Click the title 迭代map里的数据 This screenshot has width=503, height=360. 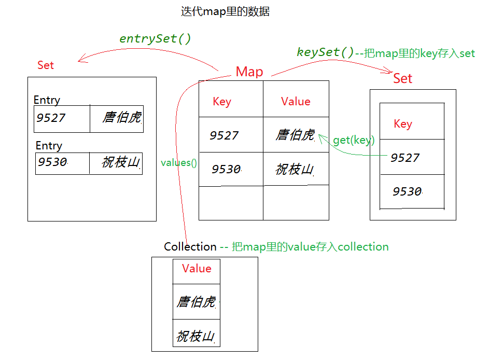[x=225, y=11]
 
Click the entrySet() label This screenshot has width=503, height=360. [x=155, y=39]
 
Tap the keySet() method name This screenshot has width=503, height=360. [x=325, y=52]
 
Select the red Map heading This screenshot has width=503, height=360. [x=249, y=72]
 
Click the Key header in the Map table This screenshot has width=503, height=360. [x=222, y=102]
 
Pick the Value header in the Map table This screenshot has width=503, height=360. [x=296, y=102]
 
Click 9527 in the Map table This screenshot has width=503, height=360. [x=224, y=136]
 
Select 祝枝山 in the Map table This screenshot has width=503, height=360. [x=295, y=169]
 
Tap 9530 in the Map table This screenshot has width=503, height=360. [x=226, y=169]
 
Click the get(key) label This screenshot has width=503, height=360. [x=354, y=140]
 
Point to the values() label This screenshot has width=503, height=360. [x=179, y=162]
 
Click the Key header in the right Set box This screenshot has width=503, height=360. [x=403, y=124]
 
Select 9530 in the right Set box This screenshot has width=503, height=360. [x=407, y=192]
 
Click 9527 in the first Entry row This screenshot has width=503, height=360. [x=51, y=118]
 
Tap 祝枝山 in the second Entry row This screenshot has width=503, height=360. [x=121, y=162]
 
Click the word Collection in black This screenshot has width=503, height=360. [x=190, y=247]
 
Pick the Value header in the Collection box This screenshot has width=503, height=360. [x=197, y=269]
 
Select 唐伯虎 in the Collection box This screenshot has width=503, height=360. [x=196, y=302]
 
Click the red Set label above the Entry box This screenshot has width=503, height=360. [x=46, y=65]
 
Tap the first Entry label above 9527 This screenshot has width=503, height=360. [x=47, y=100]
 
